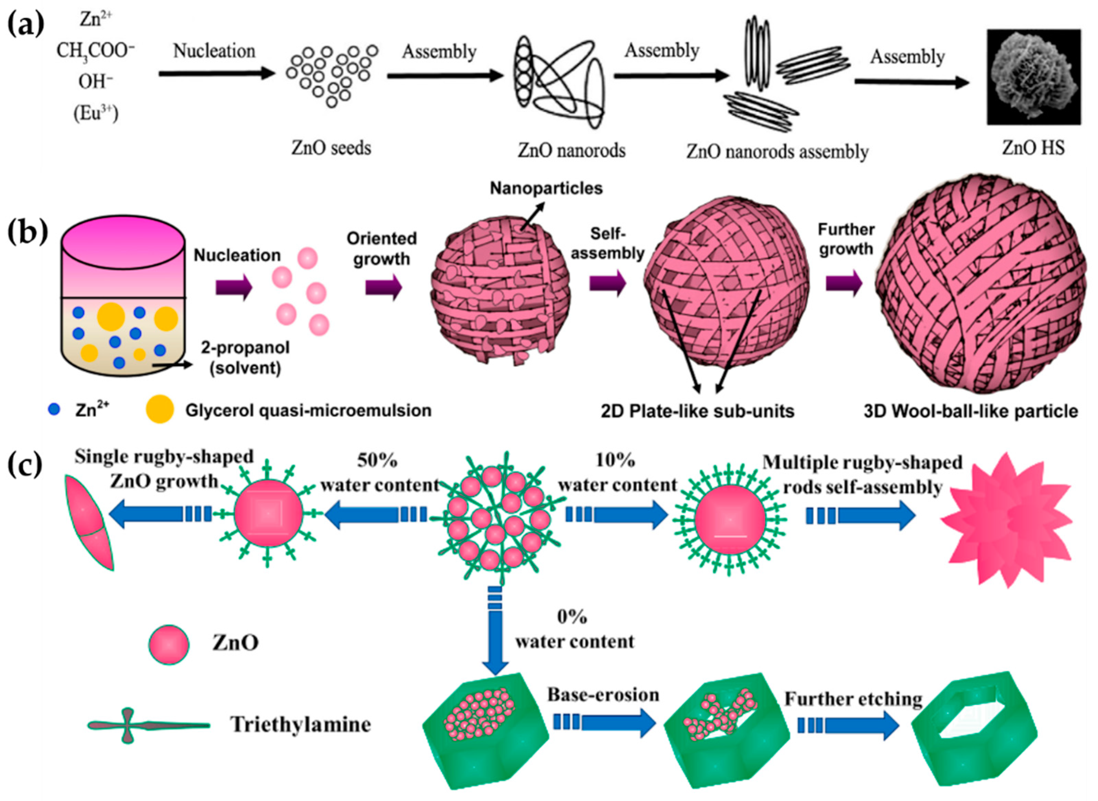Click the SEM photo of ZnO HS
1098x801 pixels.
coord(1033,76)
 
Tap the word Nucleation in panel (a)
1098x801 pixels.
coord(214,51)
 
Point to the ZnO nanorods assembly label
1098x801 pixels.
coord(777,152)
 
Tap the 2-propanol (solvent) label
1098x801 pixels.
coord(245,358)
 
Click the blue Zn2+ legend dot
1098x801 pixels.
coord(54,410)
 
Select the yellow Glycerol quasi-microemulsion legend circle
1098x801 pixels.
coord(160,410)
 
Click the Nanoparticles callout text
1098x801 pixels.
coord(546,188)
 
